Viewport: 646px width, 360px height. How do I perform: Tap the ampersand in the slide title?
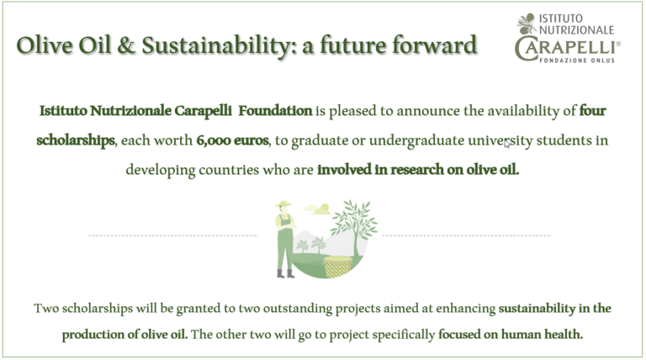[x=126, y=45]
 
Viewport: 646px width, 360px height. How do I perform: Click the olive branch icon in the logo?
[x=526, y=24]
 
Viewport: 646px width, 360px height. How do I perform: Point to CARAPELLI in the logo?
[x=567, y=49]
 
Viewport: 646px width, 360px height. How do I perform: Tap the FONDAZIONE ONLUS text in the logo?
[x=577, y=61]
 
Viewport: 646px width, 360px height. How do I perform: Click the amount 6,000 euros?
[x=232, y=140]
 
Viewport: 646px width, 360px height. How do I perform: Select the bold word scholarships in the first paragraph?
[x=76, y=140]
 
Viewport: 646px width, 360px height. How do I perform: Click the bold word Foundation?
[x=275, y=111]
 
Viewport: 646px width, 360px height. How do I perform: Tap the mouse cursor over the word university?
[x=507, y=144]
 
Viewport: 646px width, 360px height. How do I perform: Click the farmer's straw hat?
[x=283, y=204]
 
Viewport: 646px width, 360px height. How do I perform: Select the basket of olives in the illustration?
[x=338, y=266]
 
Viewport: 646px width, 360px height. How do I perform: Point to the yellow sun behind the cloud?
[x=325, y=208]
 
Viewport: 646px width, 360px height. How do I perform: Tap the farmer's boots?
[x=285, y=273]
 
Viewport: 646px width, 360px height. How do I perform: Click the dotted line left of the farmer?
[x=173, y=236]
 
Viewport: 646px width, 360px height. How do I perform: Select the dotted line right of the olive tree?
[x=467, y=236]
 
